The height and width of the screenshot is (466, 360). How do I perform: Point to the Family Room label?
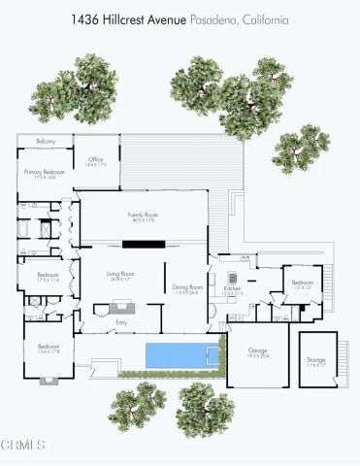[143, 215]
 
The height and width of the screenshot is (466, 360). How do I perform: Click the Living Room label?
[120, 275]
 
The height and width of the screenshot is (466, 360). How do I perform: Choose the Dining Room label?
[187, 287]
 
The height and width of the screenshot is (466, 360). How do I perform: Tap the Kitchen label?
[233, 288]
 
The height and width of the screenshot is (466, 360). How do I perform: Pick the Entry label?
[121, 322]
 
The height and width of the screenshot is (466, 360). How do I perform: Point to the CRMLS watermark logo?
[23, 446]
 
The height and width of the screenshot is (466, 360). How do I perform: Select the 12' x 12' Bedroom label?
[303, 284]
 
